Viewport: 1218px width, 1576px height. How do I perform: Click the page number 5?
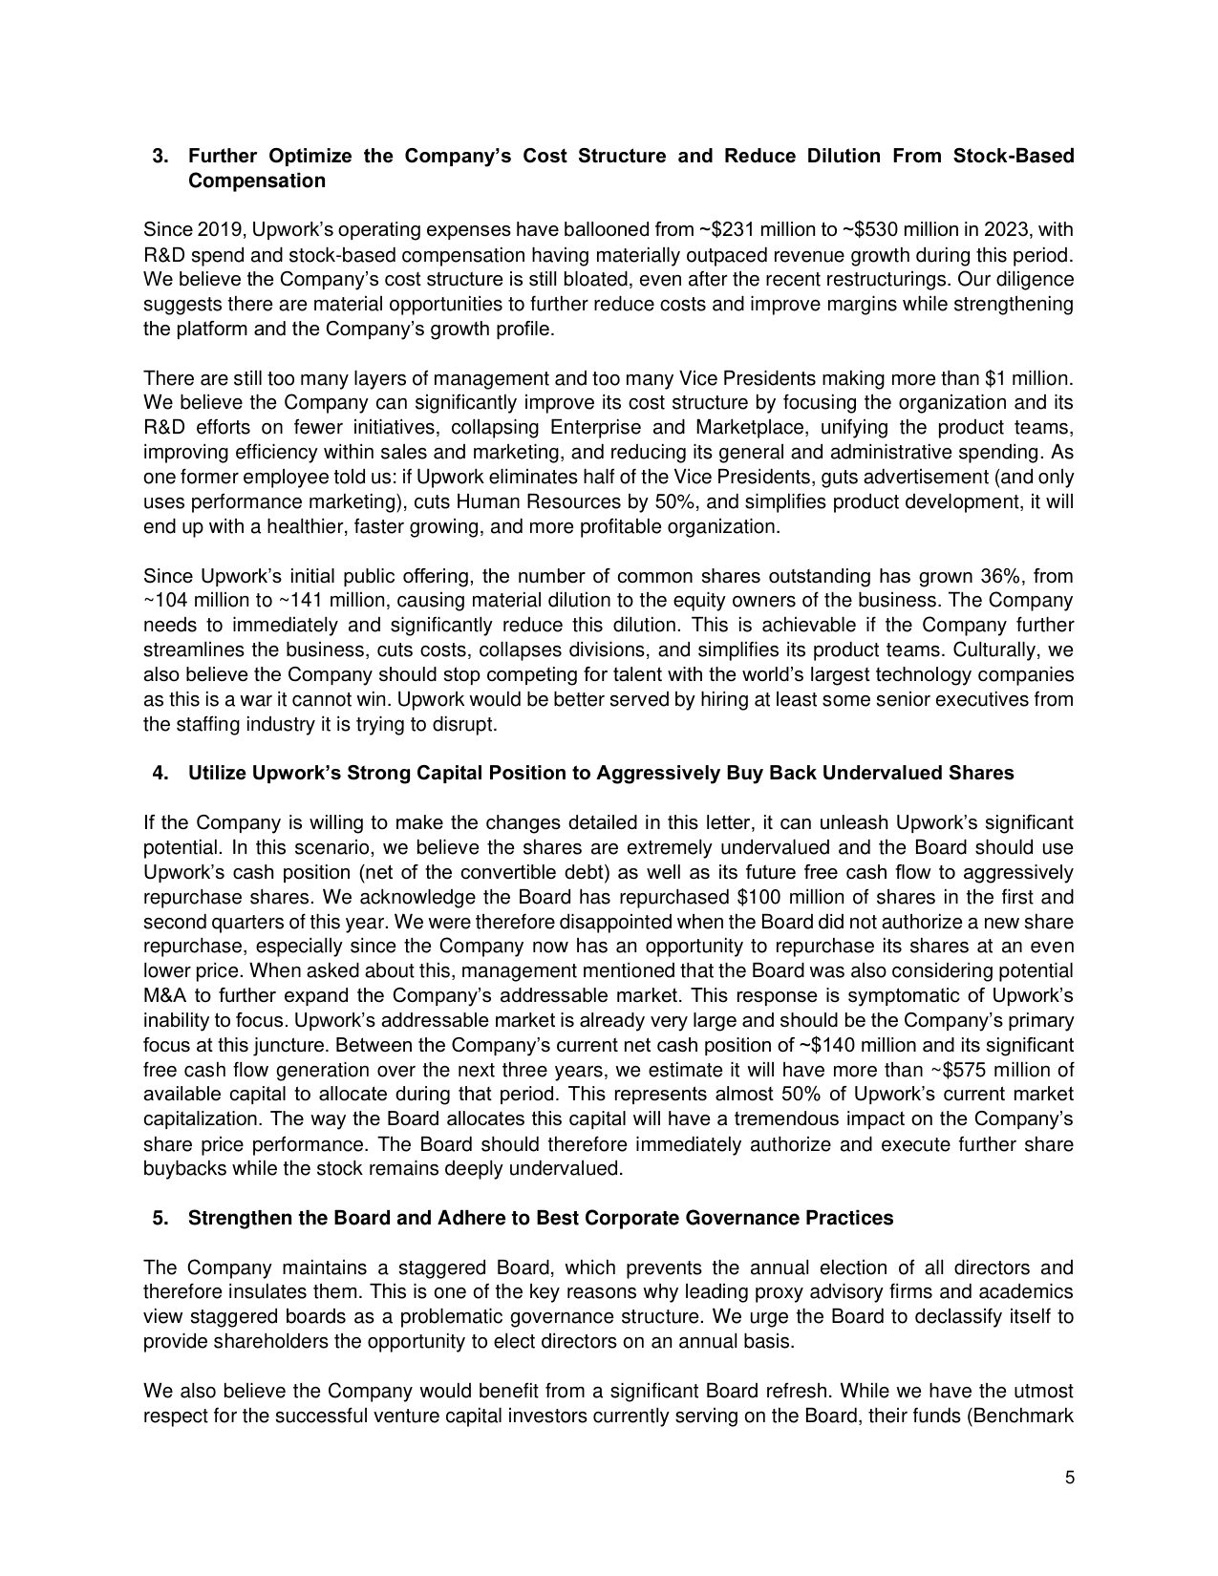[1069, 1479]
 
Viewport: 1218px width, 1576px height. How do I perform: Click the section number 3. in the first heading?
[161, 156]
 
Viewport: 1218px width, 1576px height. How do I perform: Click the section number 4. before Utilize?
[161, 773]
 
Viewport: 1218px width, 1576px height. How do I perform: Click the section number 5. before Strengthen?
[161, 1219]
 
